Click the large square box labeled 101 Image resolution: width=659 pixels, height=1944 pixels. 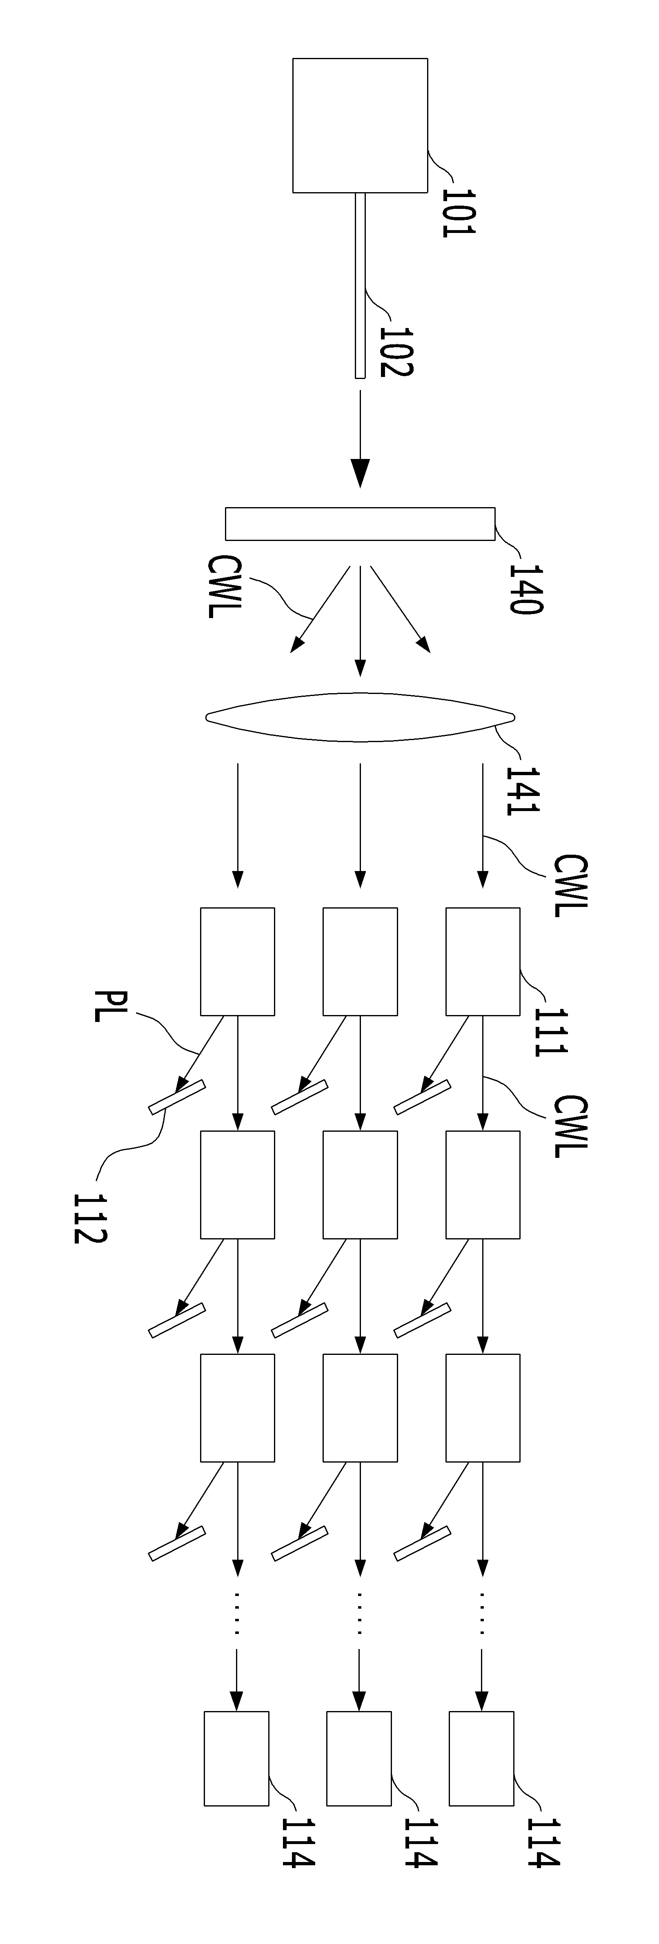tap(360, 125)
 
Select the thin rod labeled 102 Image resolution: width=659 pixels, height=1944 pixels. tap(360, 285)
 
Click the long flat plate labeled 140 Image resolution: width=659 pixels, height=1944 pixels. tap(360, 524)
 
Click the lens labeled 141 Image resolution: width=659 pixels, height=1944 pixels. tap(360, 717)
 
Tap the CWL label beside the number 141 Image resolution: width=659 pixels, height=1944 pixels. tap(569, 886)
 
